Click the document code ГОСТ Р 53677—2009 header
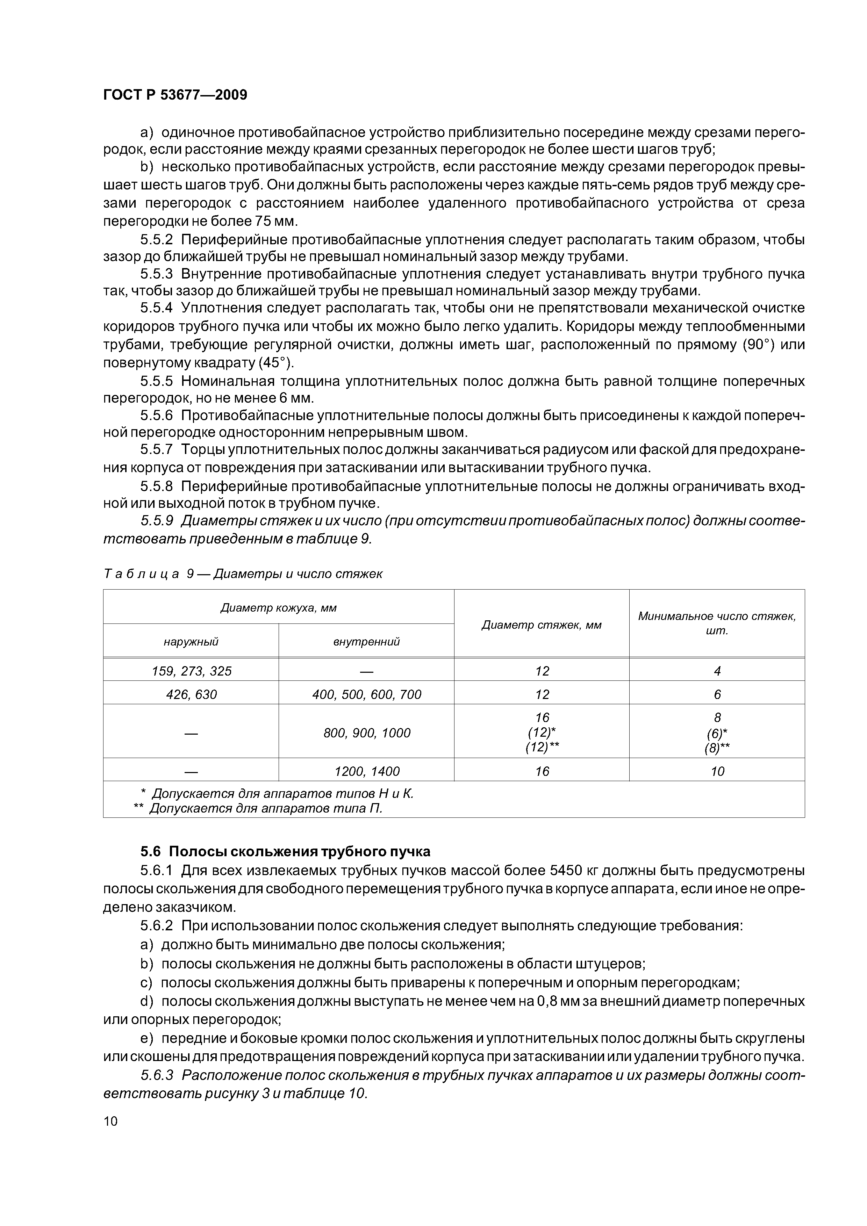[175, 95]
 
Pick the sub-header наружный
[191, 641]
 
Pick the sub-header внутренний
[366, 641]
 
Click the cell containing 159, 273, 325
[191, 671]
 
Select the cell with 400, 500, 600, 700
[366, 694]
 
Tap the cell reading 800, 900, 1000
[366, 733]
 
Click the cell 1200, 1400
[366, 771]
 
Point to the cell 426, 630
[191, 694]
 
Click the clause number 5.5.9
[157, 521]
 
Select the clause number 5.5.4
[157, 308]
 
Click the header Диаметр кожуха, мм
[278, 608]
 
